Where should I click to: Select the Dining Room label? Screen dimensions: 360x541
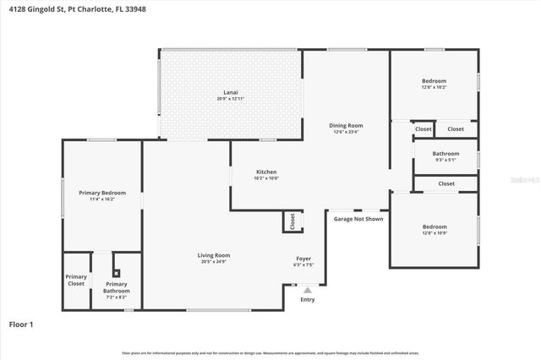[346, 125]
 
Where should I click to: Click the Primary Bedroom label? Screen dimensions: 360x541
[102, 193]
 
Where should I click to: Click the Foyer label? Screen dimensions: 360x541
[303, 259]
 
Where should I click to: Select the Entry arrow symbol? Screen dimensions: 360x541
[307, 290]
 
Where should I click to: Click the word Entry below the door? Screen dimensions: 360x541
[308, 300]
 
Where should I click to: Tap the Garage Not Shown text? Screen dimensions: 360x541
[358, 219]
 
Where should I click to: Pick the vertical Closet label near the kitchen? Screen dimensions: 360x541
[292, 221]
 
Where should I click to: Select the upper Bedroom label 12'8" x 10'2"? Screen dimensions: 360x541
[434, 81]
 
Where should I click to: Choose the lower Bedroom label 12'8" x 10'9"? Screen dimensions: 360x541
[434, 226]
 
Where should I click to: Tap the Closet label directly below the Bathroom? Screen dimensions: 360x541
[445, 183]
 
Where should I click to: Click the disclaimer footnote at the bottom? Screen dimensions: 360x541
[270, 352]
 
